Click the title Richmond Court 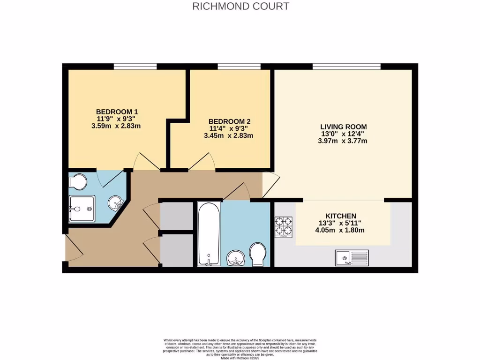click(240, 7)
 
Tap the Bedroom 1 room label click(117, 112)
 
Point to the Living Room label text click(343, 127)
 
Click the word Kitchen click(343, 215)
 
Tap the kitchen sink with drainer click(352, 257)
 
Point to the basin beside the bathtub click(235, 258)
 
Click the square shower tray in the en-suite click(82, 209)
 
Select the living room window click(346, 67)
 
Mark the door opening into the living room click(270, 185)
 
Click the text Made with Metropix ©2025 click(240, 358)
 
